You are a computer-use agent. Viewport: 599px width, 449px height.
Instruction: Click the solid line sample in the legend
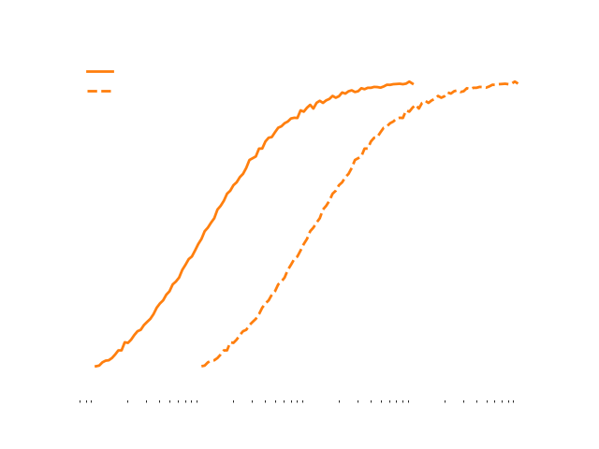(100, 71)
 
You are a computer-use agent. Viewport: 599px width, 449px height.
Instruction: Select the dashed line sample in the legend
(100, 91)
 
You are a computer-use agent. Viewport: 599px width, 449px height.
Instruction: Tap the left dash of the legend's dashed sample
(93, 91)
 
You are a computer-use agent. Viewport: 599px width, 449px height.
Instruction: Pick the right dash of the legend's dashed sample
(108, 91)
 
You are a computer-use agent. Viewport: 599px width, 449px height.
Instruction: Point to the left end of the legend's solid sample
(87, 71)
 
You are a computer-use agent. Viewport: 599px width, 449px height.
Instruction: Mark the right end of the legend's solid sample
(113, 71)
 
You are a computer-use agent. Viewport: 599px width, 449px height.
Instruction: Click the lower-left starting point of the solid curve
(95, 366)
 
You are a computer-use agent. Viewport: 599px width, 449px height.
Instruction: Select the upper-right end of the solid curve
(414, 83)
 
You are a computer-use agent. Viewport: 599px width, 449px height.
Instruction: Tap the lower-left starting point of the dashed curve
(202, 366)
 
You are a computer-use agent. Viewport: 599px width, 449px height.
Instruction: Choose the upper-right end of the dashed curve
(518, 83)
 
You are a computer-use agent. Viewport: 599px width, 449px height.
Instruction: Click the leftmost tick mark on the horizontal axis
(81, 402)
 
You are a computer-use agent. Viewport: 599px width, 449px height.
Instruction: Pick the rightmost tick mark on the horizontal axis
(514, 402)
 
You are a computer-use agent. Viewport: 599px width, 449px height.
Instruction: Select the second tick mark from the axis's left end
(86, 402)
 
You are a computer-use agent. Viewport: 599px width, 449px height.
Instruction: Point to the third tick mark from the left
(91, 402)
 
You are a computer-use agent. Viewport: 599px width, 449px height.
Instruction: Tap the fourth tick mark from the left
(127, 402)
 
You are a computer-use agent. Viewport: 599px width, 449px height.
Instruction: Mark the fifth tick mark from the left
(146, 402)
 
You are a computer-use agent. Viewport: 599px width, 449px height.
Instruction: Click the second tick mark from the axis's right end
(509, 402)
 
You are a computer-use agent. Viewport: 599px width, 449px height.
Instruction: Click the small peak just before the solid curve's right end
(409, 81)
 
